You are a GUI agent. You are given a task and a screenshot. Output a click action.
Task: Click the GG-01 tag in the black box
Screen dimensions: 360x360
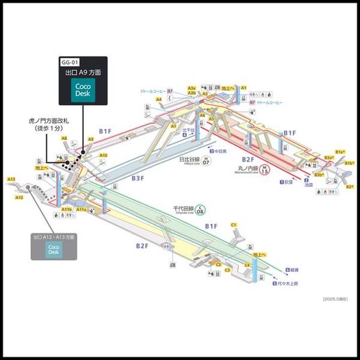pyautogui.click(x=71, y=61)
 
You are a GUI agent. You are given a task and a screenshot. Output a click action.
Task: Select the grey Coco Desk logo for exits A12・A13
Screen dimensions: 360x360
pyautogui.click(x=53, y=248)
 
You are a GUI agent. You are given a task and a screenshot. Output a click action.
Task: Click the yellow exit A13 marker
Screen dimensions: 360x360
pyautogui.click(x=11, y=179)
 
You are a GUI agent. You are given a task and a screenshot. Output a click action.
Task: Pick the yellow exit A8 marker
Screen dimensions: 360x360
pyautogui.click(x=65, y=138)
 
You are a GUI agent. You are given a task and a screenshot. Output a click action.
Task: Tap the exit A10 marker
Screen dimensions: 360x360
pyautogui.click(x=103, y=155)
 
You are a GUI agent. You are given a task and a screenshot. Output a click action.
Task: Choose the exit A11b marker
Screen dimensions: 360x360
pyautogui.click(x=67, y=210)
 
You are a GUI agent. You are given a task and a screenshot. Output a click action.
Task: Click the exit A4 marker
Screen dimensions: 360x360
pyautogui.click(x=159, y=100)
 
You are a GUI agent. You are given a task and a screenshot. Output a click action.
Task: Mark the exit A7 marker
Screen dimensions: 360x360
pyautogui.click(x=173, y=126)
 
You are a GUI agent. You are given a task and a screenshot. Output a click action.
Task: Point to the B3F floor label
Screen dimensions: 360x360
pyautogui.click(x=137, y=178)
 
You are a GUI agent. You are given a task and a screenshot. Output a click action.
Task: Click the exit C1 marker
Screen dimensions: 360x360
pyautogui.click(x=234, y=224)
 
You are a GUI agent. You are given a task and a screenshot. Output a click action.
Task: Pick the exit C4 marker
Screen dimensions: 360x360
pyautogui.click(x=248, y=265)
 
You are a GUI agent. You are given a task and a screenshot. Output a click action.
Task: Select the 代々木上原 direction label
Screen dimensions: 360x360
pyautogui.click(x=289, y=283)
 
